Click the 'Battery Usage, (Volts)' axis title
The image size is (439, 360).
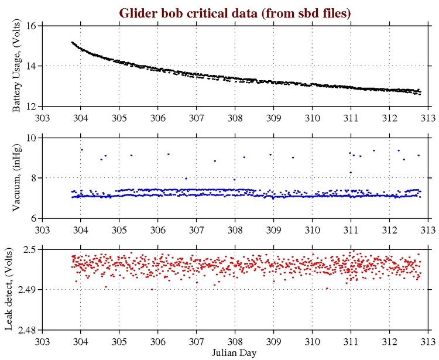coord(18,66)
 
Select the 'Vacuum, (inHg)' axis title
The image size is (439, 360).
coord(18,177)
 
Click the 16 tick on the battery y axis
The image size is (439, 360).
coord(31,26)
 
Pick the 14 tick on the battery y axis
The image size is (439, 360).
coord(31,66)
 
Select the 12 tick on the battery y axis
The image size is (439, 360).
coord(31,106)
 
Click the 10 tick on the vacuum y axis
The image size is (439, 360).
coord(31,138)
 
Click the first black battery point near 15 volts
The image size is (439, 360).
coord(72,42)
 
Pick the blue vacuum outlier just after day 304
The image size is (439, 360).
coord(82,150)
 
